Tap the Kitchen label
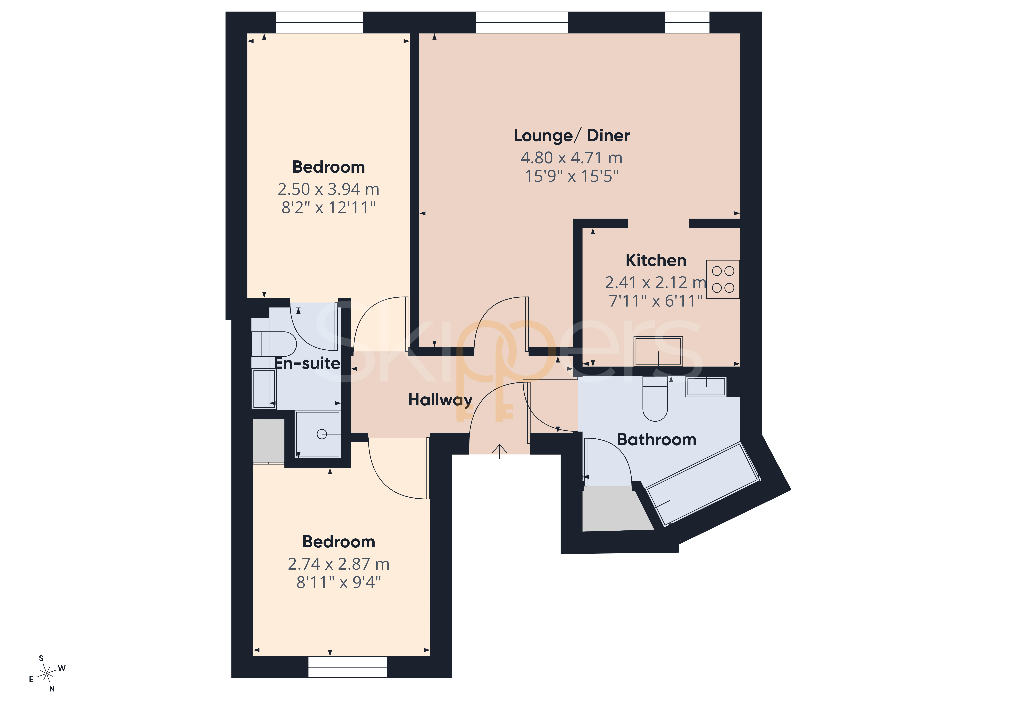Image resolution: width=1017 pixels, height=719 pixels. [x=656, y=260]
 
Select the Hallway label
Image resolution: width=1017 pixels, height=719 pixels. [x=440, y=400]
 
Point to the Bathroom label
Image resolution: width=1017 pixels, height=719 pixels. [x=656, y=439]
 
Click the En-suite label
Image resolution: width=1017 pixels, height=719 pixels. [x=307, y=363]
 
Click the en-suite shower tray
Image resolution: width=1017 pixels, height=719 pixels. [x=318, y=434]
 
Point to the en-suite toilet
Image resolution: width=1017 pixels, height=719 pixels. [x=274, y=344]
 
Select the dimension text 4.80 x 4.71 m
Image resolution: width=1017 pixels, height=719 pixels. [x=571, y=158]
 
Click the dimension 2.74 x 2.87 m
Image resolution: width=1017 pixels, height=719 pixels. [x=339, y=564]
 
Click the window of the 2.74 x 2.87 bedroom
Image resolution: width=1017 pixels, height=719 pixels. [x=348, y=667]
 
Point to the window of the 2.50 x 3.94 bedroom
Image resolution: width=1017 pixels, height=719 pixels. [x=319, y=22]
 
